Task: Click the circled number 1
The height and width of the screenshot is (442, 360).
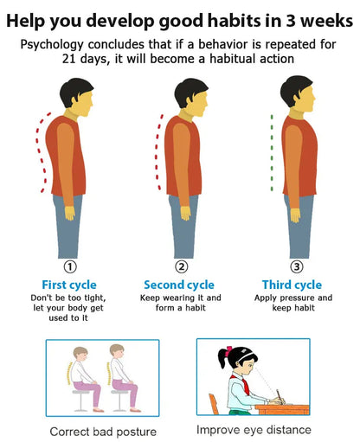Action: [70, 266]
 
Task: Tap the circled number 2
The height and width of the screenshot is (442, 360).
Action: [182, 266]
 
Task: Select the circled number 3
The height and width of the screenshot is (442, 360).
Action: [297, 266]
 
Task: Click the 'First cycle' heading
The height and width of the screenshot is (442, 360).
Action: [69, 285]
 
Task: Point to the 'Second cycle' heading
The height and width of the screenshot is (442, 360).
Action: [179, 285]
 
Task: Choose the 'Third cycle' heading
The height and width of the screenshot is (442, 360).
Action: [292, 285]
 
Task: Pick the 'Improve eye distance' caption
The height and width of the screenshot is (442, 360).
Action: [253, 429]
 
